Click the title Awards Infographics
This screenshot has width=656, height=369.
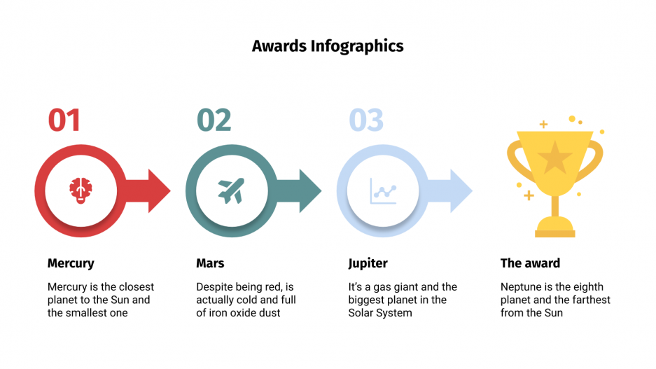[328, 46]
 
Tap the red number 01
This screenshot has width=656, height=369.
[64, 120]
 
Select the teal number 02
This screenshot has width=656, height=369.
[214, 120]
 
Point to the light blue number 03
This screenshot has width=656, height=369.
[366, 120]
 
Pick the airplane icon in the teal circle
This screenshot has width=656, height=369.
[231, 190]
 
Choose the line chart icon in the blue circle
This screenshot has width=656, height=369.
[383, 190]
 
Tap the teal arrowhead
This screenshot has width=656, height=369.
[309, 190]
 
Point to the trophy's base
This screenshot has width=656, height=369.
[554, 227]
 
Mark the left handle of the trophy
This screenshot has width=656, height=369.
[515, 157]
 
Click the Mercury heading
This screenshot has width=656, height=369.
[71, 264]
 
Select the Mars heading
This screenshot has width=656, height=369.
[210, 264]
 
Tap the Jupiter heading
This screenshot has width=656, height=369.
[368, 264]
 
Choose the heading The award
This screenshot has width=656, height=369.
[530, 264]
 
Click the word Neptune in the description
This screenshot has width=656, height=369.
[522, 287]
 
